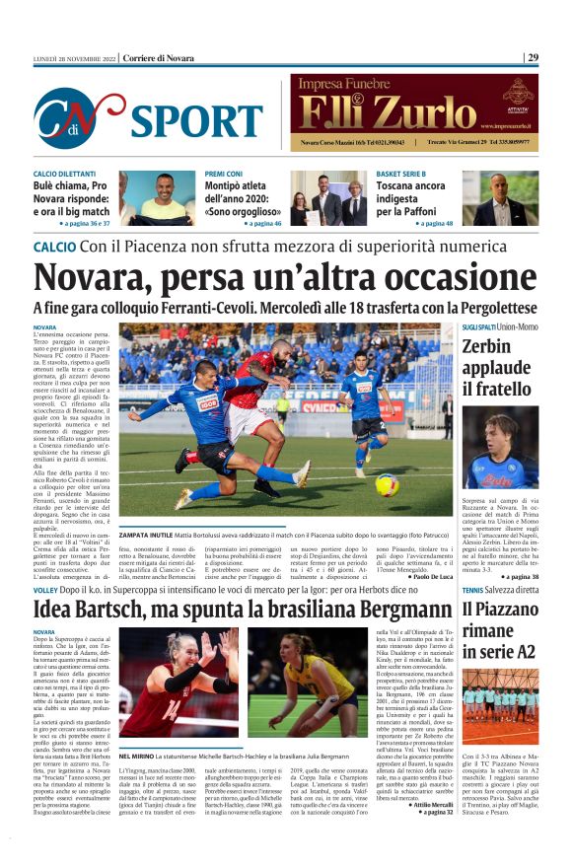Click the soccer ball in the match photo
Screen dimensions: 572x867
pyautogui.click(x=387, y=483)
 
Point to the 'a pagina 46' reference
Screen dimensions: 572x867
pyautogui.click(x=256, y=224)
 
